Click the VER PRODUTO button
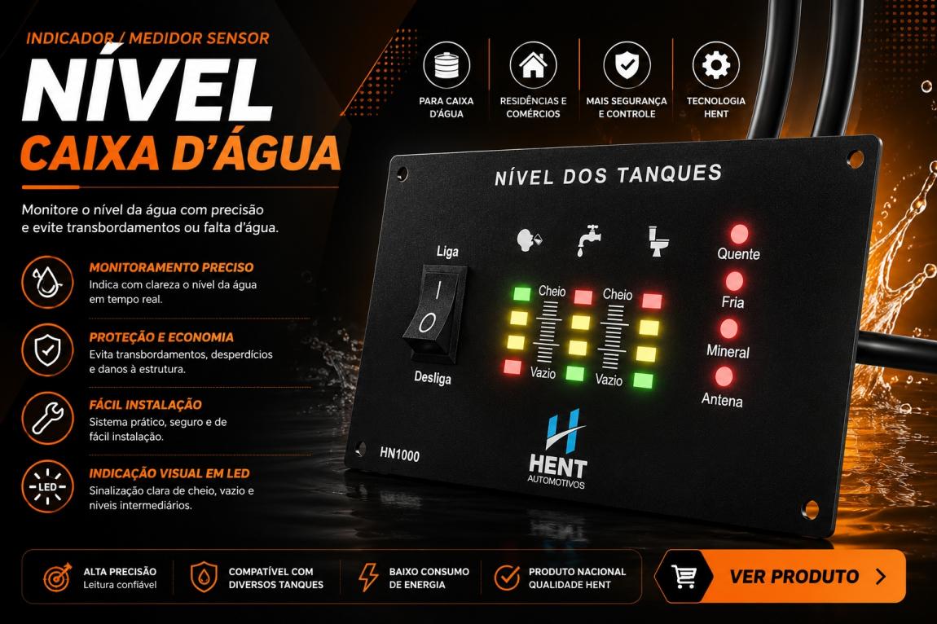click(x=780, y=576)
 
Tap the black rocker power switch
click(x=433, y=312)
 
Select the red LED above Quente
click(x=739, y=234)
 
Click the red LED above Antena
click(x=723, y=377)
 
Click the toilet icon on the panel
click(x=658, y=241)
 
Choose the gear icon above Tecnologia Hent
click(x=716, y=64)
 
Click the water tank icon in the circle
click(x=447, y=65)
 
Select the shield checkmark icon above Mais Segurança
click(x=627, y=64)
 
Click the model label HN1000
click(x=399, y=455)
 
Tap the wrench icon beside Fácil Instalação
click(x=48, y=418)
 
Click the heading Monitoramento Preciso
click(x=171, y=267)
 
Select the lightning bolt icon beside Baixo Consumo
click(x=367, y=577)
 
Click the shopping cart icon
click(x=684, y=576)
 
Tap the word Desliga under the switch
click(x=433, y=378)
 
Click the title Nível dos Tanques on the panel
click(x=609, y=175)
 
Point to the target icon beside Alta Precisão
click(x=57, y=577)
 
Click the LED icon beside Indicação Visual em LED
click(x=48, y=486)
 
